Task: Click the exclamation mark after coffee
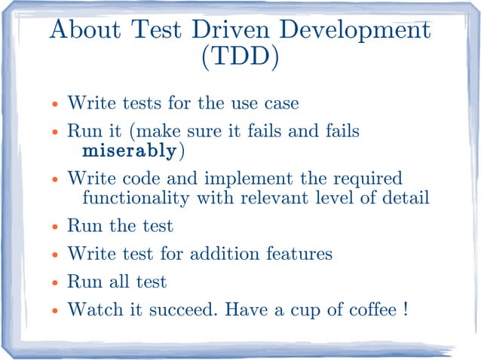click(x=406, y=309)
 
